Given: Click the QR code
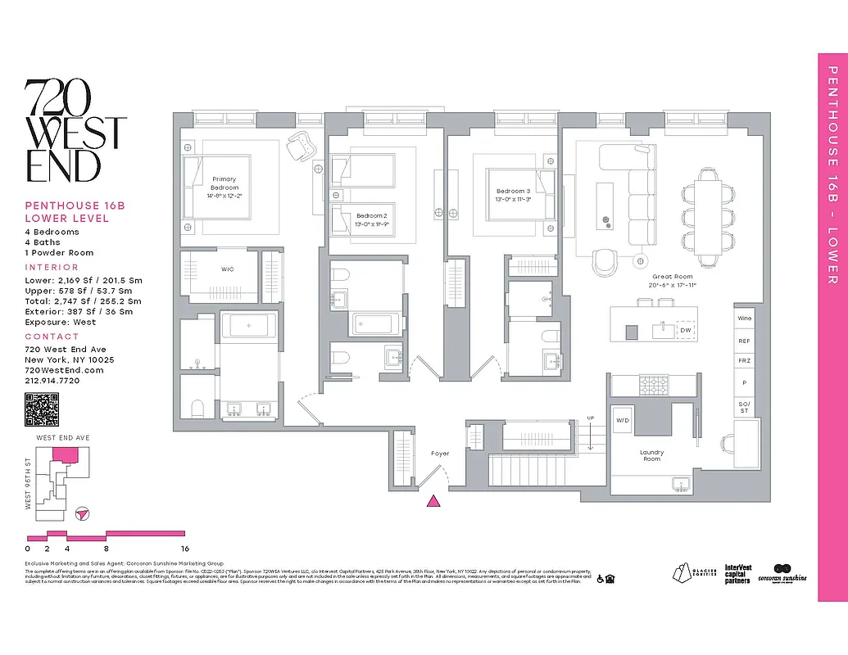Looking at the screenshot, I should click(x=42, y=410).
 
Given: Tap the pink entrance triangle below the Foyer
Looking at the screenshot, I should click(x=435, y=501).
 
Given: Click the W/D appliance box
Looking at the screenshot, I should click(x=623, y=421).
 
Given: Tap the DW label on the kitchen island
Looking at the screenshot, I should click(x=685, y=330).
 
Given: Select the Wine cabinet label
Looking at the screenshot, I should click(x=744, y=318).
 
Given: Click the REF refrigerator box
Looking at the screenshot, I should click(x=744, y=341).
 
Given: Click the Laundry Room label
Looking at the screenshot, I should click(x=651, y=455).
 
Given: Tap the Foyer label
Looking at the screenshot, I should click(x=440, y=453).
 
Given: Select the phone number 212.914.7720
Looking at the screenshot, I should click(x=52, y=381).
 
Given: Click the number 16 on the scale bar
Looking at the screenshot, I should click(x=185, y=549).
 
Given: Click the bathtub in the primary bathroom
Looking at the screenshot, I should click(x=252, y=327).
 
